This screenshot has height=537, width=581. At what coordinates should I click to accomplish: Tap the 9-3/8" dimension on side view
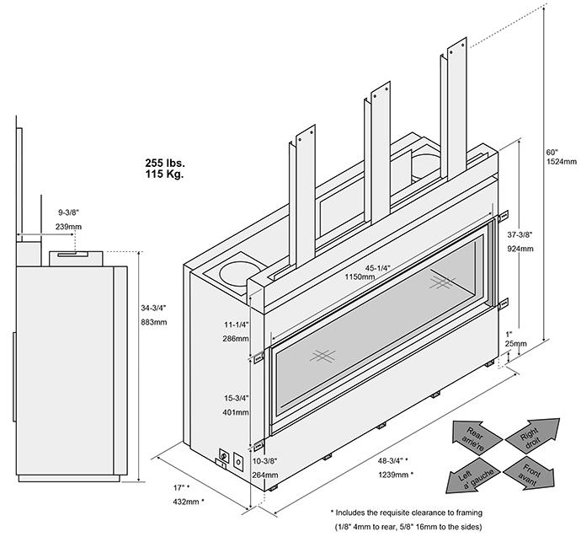[70, 212]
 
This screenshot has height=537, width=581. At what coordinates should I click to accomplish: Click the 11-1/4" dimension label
[237, 324]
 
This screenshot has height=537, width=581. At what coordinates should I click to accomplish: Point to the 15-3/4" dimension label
[237, 400]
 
